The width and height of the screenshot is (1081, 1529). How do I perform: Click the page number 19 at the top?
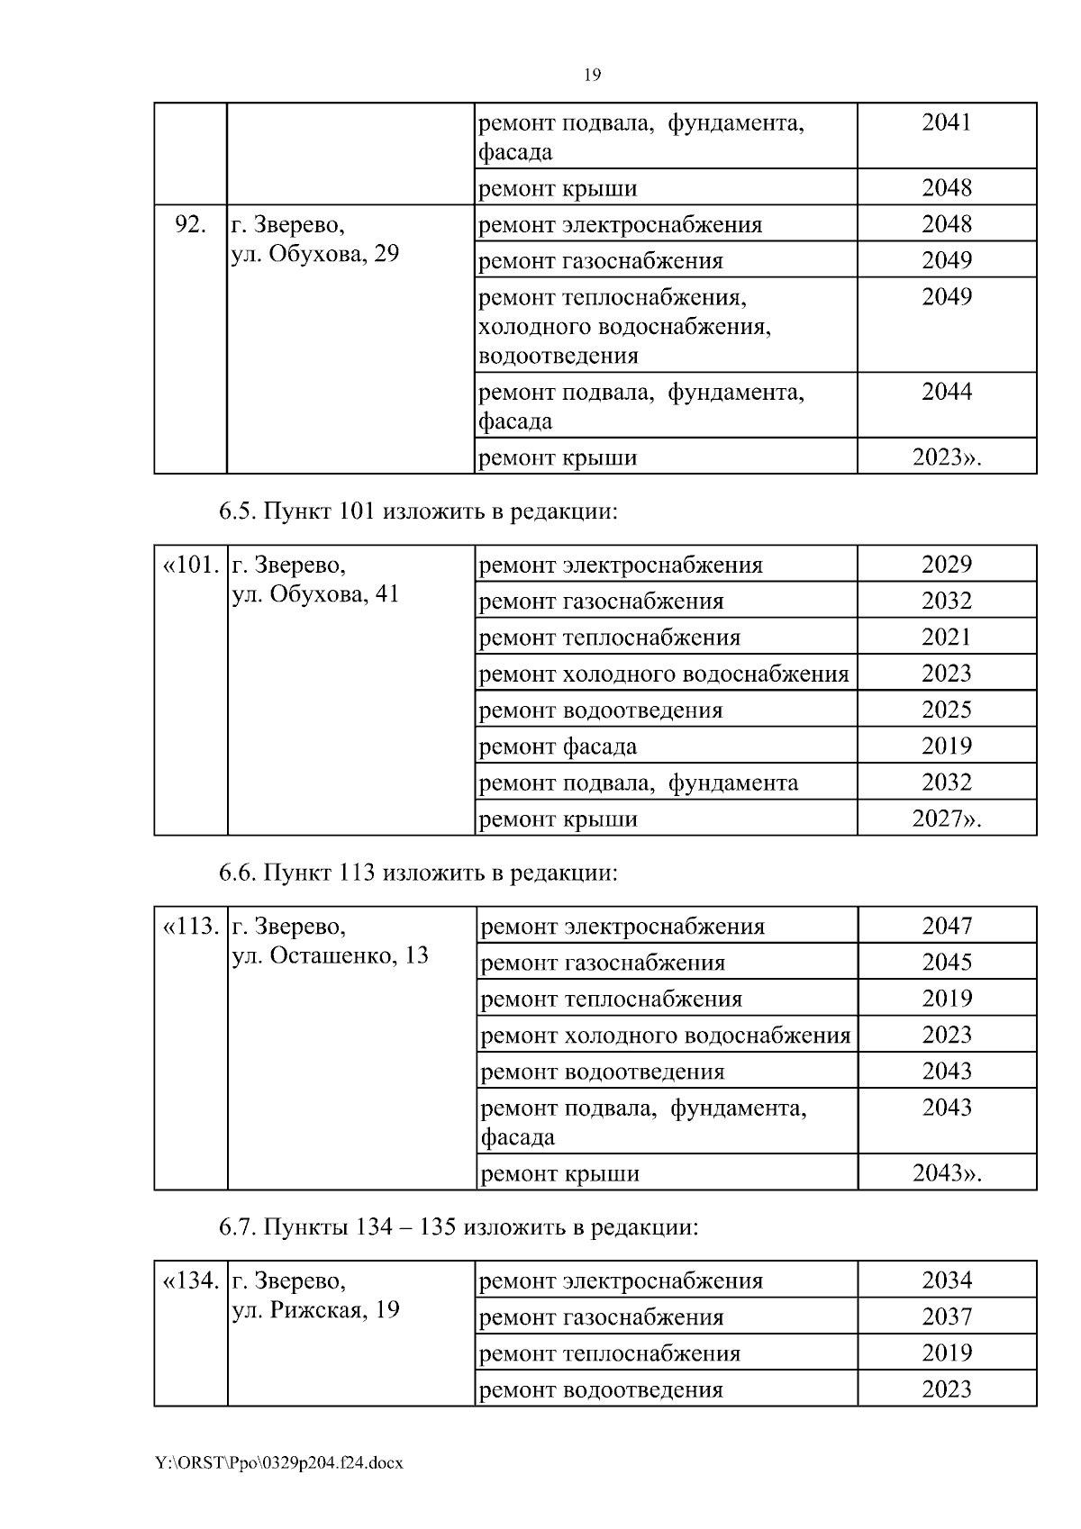593,75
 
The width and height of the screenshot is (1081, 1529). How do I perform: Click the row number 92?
189,224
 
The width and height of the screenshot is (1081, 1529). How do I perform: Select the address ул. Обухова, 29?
315,254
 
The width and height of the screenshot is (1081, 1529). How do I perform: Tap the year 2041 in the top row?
947,122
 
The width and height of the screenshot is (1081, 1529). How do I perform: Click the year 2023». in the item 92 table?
947,457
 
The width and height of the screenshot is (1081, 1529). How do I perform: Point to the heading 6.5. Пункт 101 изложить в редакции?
419,512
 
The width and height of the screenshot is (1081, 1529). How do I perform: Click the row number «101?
190,565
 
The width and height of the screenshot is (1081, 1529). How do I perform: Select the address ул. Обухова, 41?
315,594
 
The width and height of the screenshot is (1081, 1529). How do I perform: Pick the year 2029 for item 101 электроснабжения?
947,565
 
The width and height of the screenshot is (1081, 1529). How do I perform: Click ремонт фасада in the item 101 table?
558,746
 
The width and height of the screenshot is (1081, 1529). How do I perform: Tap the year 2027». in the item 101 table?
947,819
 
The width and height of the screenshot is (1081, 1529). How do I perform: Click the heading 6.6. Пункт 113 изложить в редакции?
419,873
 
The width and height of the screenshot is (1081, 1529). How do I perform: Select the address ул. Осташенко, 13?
331,955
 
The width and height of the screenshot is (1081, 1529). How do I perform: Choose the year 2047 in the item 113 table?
947,926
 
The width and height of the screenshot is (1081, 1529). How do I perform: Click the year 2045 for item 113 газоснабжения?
947,962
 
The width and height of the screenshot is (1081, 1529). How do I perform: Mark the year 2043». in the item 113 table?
947,1173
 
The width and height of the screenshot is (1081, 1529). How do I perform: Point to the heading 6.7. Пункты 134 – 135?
459,1227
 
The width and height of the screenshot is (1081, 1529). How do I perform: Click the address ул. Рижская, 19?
315,1310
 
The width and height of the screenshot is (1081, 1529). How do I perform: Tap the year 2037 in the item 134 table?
947,1316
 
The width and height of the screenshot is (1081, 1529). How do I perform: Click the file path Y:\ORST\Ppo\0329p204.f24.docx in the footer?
279,1464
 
